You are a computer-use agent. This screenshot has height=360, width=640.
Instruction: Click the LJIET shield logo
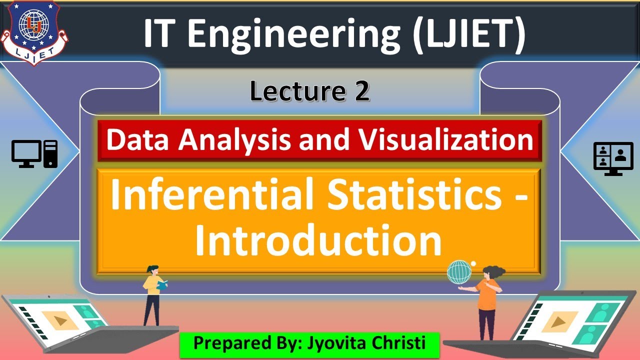34,33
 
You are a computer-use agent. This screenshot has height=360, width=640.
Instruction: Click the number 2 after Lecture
362,91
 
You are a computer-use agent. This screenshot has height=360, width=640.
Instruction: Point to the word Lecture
297,91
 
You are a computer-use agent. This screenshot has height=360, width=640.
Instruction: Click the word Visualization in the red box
446,140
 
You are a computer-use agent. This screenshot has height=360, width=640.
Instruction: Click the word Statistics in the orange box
414,194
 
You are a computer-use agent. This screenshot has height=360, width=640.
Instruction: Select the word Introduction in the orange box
318,240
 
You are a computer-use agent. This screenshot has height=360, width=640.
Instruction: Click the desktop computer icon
34,153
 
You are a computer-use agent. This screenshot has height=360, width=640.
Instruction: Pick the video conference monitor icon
613,158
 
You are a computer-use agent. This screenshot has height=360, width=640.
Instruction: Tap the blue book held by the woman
162,285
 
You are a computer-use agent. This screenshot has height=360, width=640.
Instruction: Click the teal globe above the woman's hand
459,272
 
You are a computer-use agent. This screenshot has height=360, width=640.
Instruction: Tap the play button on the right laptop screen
557,322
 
